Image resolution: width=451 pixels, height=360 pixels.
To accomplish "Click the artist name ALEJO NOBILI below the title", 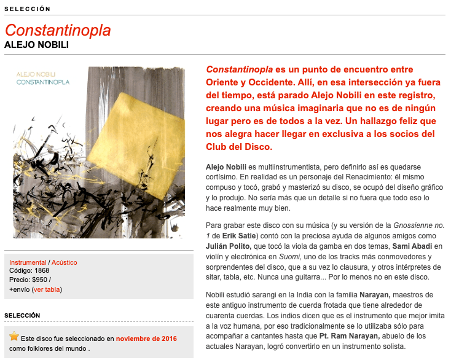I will point(36,45).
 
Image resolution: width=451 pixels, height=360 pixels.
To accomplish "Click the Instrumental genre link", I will point(28,262).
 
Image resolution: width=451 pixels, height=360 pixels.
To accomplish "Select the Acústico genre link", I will point(65,262).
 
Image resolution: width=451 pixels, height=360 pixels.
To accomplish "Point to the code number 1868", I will point(42,271).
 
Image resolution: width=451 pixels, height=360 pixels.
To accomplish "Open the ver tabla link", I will point(47,289).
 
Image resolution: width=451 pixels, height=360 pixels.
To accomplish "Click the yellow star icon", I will point(14,337).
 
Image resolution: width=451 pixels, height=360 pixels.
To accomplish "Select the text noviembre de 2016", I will point(146,338).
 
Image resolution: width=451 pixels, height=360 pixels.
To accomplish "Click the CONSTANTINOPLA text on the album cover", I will point(43,82).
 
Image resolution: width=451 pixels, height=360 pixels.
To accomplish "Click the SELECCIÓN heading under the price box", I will point(22,315).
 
